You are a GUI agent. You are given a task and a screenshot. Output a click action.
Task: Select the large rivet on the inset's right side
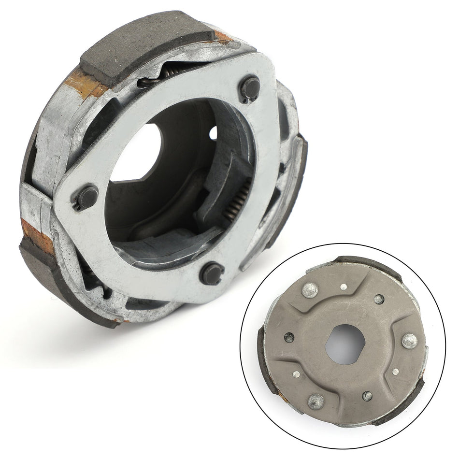(409, 340)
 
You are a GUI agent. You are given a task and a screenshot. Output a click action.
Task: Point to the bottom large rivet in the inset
(316, 400)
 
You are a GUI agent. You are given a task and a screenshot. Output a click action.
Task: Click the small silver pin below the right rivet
(395, 372)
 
